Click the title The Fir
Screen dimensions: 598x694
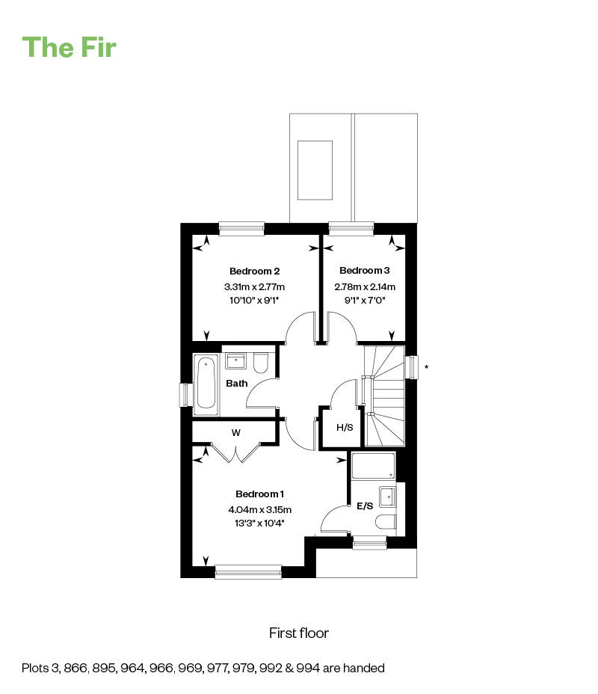point(69,47)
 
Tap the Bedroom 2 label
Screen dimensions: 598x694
point(254,271)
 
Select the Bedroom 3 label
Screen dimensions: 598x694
point(365,270)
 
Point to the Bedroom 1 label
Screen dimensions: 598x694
point(259,494)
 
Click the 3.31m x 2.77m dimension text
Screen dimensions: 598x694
point(254,287)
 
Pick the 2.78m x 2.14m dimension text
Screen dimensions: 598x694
point(365,287)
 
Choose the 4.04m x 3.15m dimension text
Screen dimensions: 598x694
point(259,509)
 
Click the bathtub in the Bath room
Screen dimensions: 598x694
point(206,384)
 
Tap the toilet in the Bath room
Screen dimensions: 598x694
point(261,363)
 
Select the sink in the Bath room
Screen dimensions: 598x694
point(235,360)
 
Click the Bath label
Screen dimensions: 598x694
point(237,384)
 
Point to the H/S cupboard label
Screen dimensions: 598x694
point(345,427)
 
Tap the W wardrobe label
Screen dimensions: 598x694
point(235,432)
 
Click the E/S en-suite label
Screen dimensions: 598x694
point(365,506)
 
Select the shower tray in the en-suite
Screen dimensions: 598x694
point(373,466)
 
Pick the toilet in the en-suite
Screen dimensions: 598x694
point(385,522)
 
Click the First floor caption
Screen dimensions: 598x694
point(299,633)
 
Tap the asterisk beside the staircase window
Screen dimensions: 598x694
point(426,367)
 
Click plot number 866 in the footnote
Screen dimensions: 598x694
point(75,668)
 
